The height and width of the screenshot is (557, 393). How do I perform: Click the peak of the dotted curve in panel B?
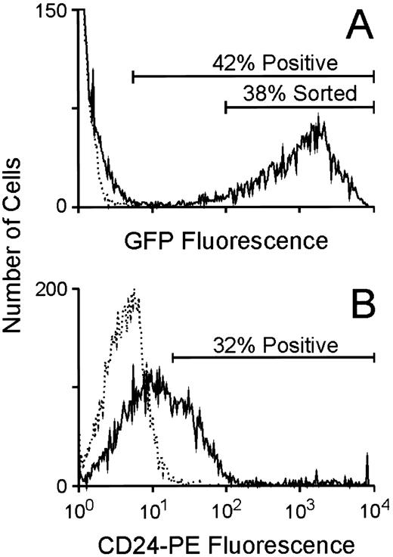134,290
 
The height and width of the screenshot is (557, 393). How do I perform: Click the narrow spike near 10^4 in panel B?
367,456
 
